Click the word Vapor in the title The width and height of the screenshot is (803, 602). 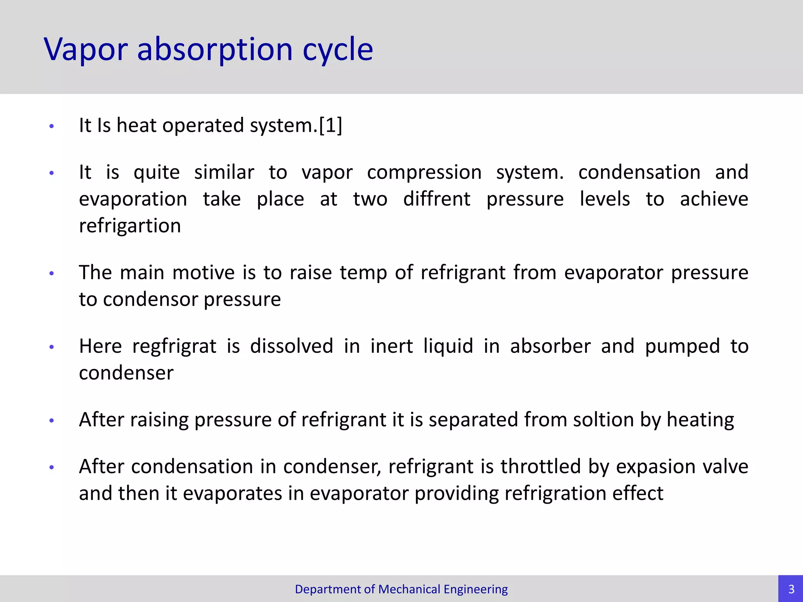click(85, 50)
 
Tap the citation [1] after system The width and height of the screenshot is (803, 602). click(330, 126)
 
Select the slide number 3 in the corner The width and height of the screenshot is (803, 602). click(791, 589)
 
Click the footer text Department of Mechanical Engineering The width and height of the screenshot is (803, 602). click(401, 589)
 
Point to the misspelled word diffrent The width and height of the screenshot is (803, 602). click(436, 199)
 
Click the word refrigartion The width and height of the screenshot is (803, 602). click(130, 226)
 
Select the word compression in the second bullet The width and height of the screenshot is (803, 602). click(424, 172)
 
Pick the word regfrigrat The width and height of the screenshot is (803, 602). click(174, 346)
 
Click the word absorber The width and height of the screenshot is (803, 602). click(550, 346)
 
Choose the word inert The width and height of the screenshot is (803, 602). click(391, 346)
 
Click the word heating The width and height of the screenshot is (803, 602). click(700, 420)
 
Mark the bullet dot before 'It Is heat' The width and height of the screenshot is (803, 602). click(51, 126)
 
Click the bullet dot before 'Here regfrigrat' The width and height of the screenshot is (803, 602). click(51, 347)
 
